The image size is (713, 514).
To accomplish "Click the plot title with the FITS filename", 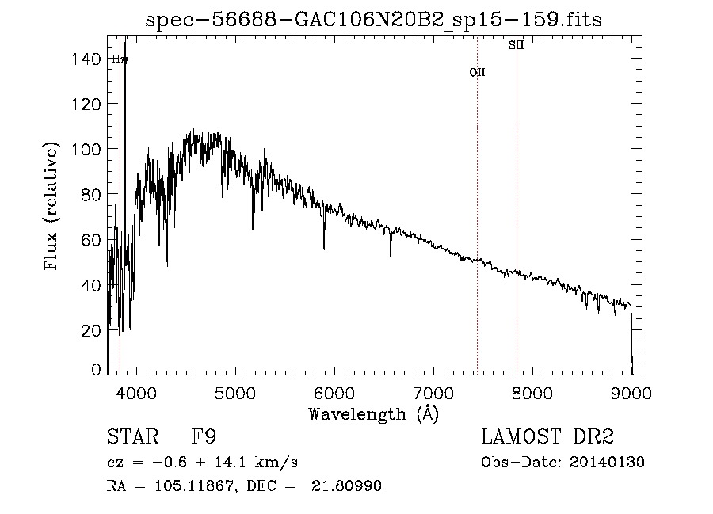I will [374, 20].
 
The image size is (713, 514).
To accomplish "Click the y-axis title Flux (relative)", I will [52, 208].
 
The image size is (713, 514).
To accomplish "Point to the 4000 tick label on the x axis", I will [136, 392].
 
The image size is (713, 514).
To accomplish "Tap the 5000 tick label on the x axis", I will [235, 392].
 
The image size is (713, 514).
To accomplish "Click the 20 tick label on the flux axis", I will [92, 329].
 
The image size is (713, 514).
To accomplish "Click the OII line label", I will [477, 72].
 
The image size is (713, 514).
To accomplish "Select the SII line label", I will [517, 45].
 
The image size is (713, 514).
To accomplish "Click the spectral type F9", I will [204, 436].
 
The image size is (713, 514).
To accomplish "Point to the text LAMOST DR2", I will [547, 436].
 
